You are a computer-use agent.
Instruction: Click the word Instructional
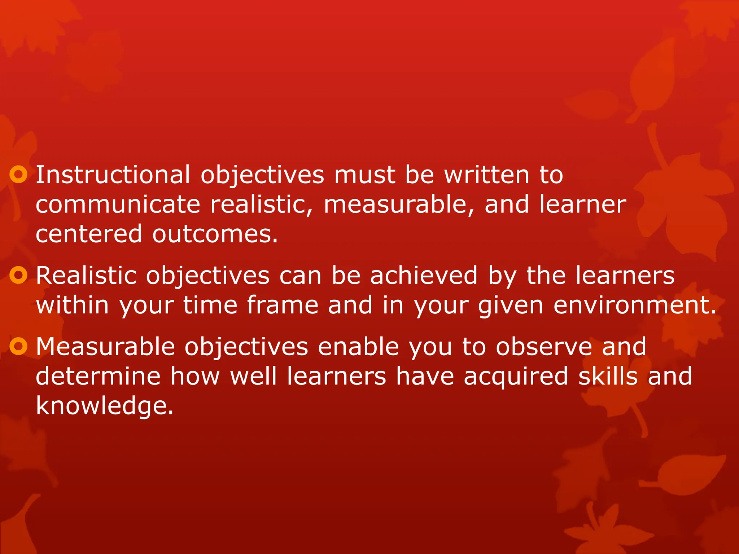[x=113, y=175]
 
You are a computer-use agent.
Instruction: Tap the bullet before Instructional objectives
[x=18, y=175]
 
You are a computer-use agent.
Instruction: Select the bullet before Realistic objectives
[x=18, y=276]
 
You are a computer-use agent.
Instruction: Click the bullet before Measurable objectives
[x=18, y=347]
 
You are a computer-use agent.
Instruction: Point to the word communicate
[x=118, y=205]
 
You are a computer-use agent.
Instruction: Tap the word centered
[x=89, y=234]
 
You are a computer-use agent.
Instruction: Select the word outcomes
[x=215, y=234]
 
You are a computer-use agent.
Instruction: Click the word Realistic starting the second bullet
[x=86, y=276]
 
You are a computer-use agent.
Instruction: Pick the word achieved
[x=424, y=276]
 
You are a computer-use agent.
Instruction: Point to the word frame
[x=283, y=305]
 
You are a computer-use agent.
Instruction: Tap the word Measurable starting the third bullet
[x=105, y=347]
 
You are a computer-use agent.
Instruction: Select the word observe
[x=544, y=347]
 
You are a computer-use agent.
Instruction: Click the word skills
[x=608, y=377]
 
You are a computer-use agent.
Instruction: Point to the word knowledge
[x=105, y=406]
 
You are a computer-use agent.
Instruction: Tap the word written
[x=486, y=175]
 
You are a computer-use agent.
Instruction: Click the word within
[x=72, y=305]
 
